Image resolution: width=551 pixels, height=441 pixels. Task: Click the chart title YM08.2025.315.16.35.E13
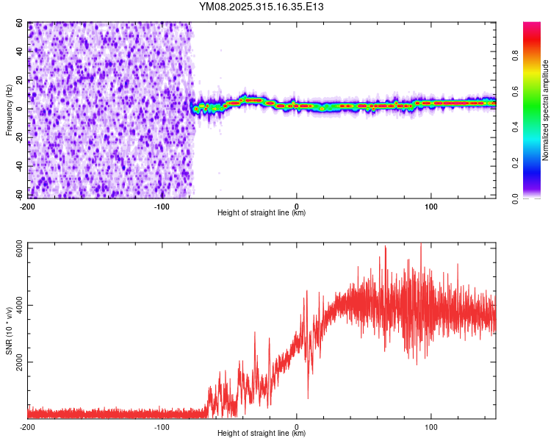262,7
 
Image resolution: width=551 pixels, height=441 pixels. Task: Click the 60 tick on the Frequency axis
21,24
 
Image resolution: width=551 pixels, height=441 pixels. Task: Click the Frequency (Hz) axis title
8,110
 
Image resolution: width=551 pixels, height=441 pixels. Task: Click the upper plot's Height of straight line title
262,213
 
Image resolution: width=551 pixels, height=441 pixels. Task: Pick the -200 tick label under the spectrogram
28,206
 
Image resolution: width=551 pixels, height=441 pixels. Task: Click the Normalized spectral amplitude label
545,110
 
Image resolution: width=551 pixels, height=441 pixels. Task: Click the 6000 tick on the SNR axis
15,249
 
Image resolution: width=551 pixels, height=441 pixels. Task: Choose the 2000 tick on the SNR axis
15,362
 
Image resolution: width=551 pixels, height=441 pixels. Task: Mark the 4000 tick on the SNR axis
15,306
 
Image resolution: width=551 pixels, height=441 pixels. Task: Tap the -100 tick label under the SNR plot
162,427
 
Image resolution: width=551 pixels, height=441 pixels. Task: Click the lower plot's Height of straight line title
262,434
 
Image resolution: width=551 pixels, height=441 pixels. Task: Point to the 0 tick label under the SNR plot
297,427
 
